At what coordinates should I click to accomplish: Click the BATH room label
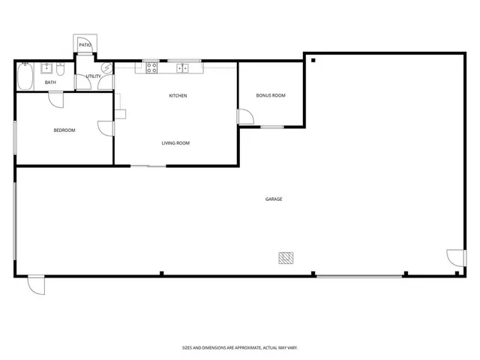point(50,82)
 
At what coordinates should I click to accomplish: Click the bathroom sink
point(47,67)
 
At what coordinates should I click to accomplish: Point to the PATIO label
point(85,45)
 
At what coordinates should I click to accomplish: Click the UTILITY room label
point(93,76)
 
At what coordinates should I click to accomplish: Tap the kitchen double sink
point(183,68)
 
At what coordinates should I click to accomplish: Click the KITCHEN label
point(178,96)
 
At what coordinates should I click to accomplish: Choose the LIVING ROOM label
point(175,143)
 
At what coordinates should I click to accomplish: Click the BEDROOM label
point(64,130)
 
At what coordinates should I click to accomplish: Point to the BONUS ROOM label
point(271,96)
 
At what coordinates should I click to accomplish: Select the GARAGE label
point(274,199)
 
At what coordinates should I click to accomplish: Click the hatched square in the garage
point(286,258)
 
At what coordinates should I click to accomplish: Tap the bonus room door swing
point(244,117)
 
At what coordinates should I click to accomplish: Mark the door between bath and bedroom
point(55,97)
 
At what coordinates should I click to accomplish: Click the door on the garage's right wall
point(457,259)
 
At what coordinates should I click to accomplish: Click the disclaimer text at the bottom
point(240,347)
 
